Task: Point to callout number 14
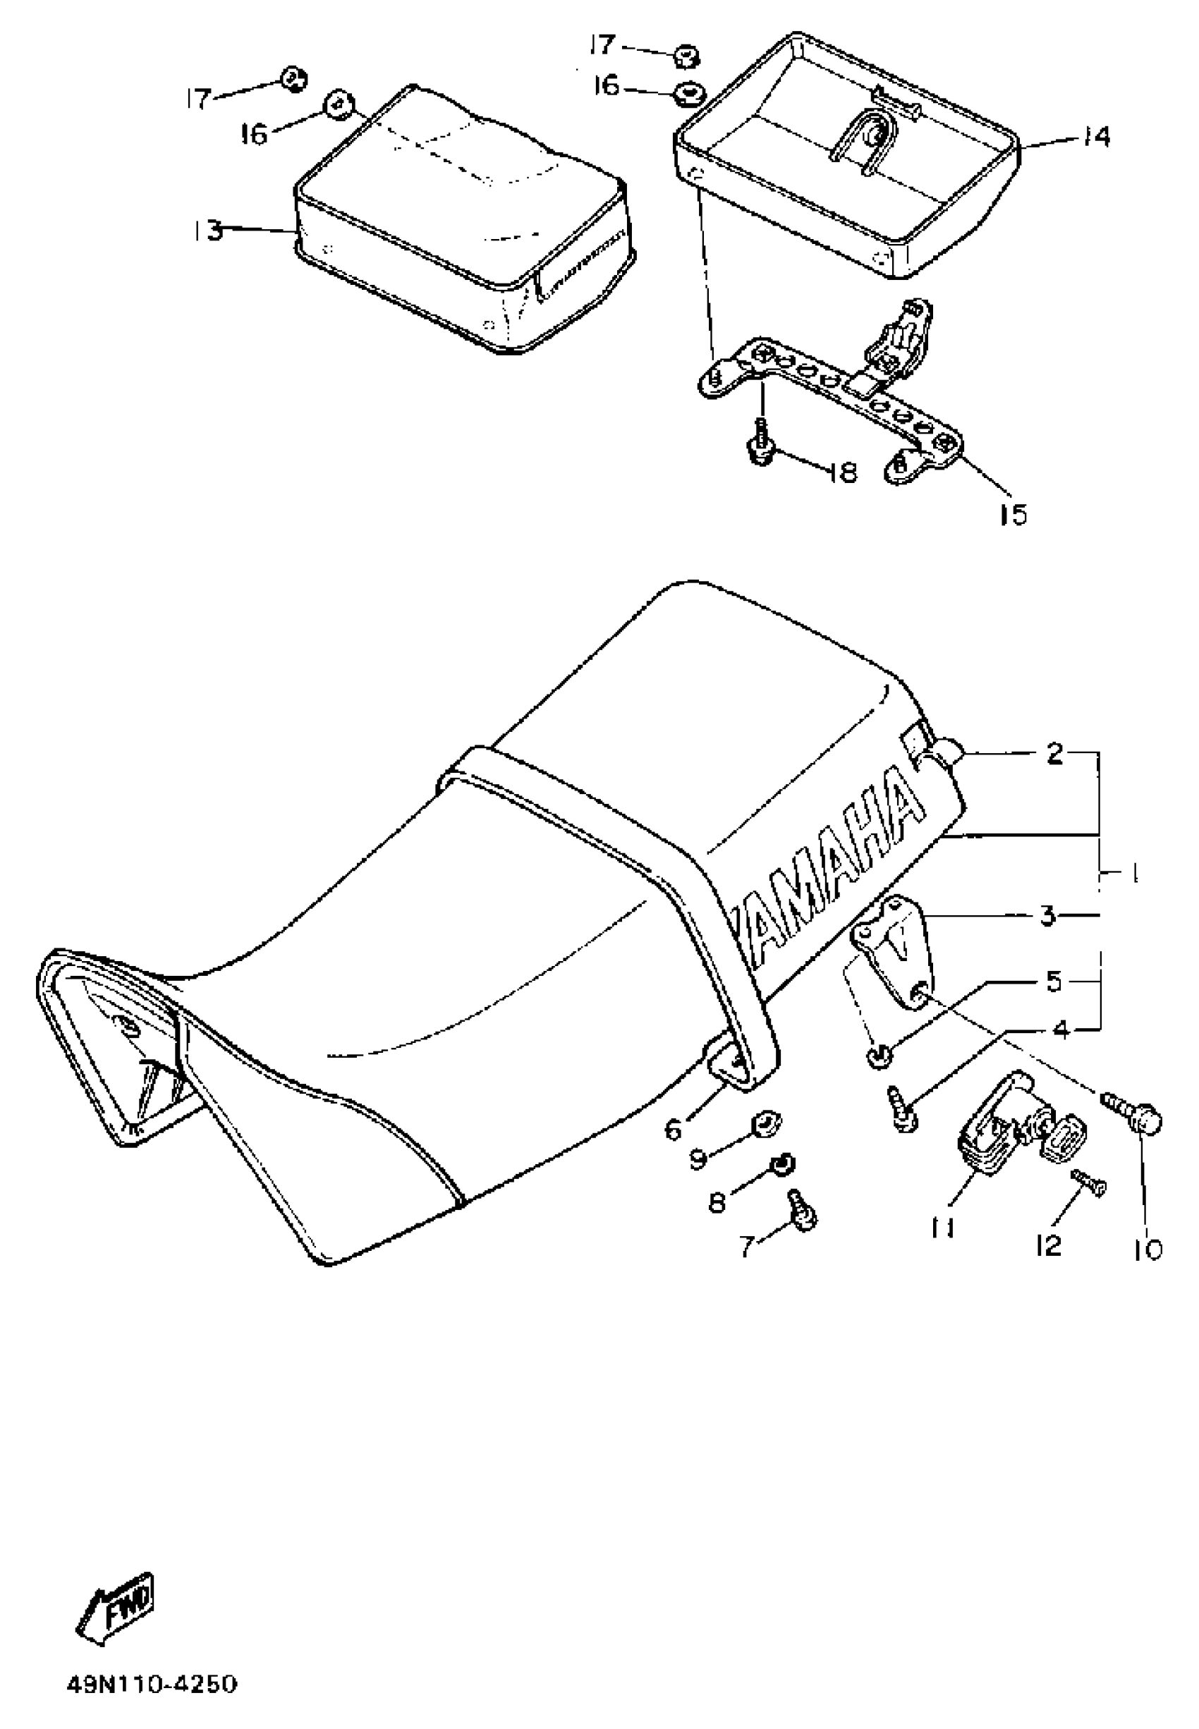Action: tap(1096, 137)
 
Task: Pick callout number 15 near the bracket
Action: tap(1013, 515)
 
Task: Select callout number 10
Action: tap(1148, 1248)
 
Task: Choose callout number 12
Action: tap(1049, 1245)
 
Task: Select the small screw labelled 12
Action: tap(1088, 1187)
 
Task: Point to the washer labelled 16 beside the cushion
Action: tap(337, 104)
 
